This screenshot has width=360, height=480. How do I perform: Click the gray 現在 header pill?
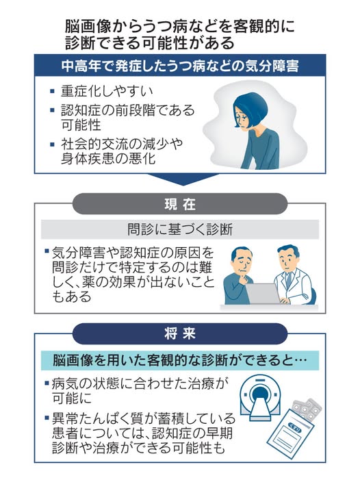180,204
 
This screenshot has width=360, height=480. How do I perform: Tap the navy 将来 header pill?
180,333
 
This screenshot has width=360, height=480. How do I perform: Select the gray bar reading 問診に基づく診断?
180,229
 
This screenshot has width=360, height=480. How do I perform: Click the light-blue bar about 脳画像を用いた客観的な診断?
180,360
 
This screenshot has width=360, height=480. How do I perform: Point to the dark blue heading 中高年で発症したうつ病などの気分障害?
180,65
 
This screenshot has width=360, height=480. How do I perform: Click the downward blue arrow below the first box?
183,179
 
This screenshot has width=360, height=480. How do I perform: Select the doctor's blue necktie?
288,279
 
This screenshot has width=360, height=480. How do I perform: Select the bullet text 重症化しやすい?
107,91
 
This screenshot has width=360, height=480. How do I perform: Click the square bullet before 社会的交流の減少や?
52,144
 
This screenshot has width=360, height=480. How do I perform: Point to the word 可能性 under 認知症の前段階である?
81,125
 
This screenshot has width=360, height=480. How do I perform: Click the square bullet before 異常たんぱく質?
47,418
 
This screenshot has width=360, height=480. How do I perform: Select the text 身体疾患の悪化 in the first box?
108,159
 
